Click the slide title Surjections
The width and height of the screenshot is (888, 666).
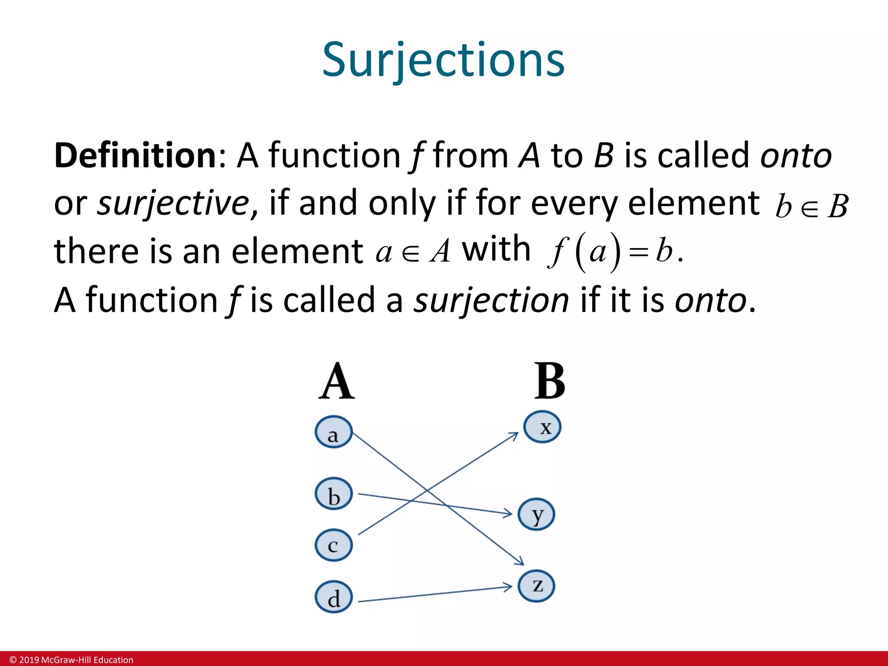(x=443, y=60)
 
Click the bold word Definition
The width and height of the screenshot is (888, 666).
(x=135, y=155)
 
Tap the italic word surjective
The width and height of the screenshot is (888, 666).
(x=173, y=203)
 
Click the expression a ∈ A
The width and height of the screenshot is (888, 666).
(x=413, y=252)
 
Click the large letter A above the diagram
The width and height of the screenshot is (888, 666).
(x=336, y=382)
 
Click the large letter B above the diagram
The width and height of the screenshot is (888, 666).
(x=549, y=381)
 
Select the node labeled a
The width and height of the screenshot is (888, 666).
(x=333, y=432)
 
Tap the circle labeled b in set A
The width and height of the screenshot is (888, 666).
(x=333, y=494)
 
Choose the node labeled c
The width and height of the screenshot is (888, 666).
(x=333, y=545)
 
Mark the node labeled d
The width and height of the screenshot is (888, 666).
(x=333, y=597)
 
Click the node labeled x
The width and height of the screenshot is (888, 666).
(x=542, y=427)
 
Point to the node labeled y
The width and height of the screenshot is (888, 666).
(x=537, y=515)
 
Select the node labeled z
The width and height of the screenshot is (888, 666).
(x=537, y=586)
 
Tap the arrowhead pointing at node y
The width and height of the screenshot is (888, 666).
(x=508, y=514)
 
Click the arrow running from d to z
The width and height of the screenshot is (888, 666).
(x=434, y=594)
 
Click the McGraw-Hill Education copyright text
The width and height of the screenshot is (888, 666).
(x=72, y=660)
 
